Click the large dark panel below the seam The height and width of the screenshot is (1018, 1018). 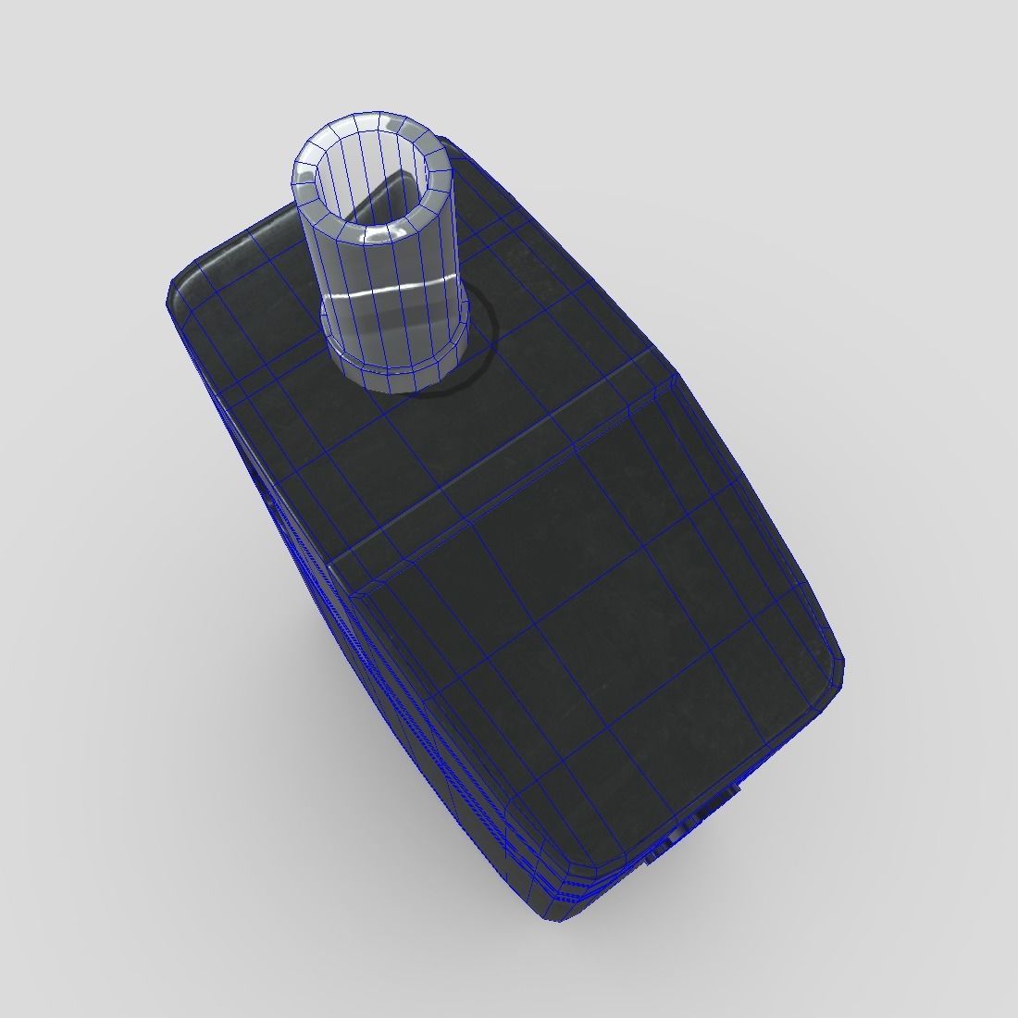click(602, 629)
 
